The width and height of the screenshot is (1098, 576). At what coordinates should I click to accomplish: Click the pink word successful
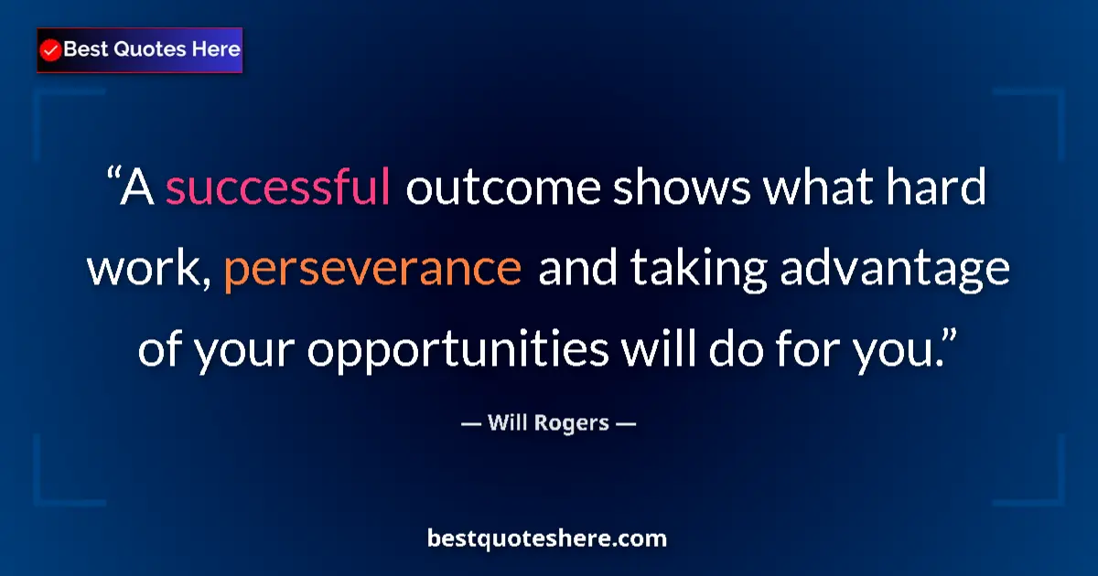coord(278,189)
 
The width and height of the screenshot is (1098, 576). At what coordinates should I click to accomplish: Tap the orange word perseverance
coord(372,270)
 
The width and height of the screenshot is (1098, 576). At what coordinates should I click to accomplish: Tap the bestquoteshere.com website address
coord(547,539)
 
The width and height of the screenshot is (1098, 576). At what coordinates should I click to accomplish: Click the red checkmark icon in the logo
coord(51,50)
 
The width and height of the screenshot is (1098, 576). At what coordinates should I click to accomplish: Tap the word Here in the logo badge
coord(215,49)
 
